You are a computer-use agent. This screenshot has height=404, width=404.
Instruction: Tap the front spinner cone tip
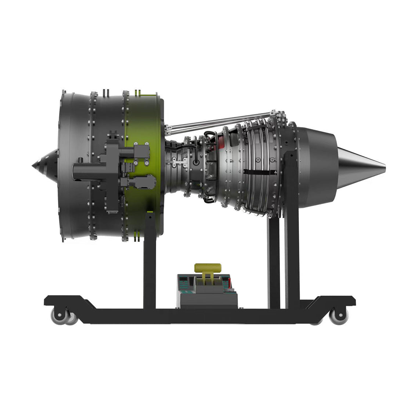point(34,165)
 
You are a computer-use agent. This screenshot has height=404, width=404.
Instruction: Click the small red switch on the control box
point(230,282)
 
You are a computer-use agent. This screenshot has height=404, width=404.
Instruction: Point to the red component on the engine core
point(220,141)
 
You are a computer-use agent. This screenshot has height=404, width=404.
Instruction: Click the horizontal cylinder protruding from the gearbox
point(88,172)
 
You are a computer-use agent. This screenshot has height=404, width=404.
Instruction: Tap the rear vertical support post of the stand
point(292,257)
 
